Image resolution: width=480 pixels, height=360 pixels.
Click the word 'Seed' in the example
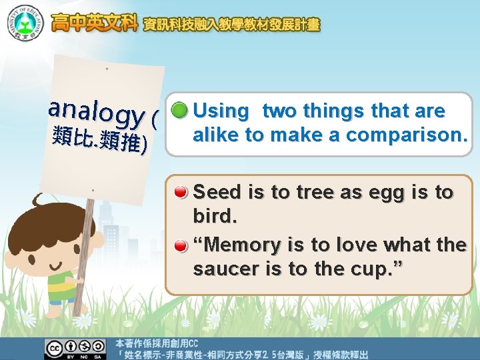click(218, 193)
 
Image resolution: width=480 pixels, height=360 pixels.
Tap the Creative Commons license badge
click(75, 348)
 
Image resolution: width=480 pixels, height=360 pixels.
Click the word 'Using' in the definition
click(221, 111)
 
